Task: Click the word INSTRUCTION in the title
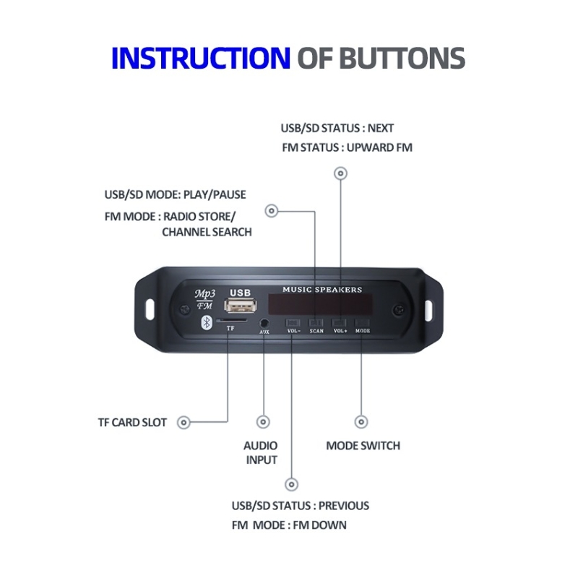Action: (200, 58)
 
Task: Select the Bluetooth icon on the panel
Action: (205, 323)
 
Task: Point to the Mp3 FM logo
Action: (204, 299)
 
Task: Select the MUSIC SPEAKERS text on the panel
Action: (322, 290)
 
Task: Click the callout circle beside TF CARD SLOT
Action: (184, 423)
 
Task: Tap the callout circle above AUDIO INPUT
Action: (264, 422)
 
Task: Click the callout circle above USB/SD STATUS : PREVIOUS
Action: (292, 484)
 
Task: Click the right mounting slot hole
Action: (428, 309)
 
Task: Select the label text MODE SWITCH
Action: (363, 445)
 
